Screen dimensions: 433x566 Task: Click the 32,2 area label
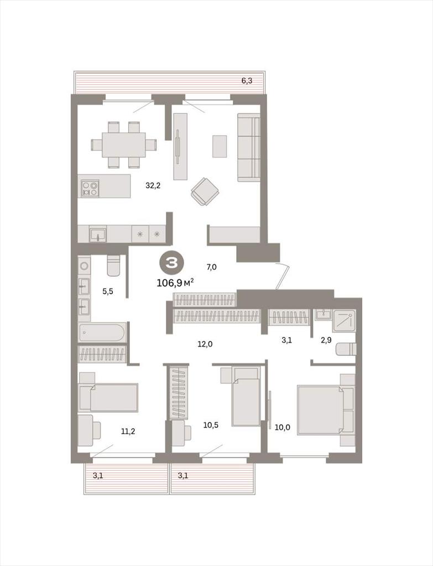153,186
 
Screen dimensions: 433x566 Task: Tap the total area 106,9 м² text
175,282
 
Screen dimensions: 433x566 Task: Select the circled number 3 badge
171,264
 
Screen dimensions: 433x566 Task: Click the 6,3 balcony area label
247,81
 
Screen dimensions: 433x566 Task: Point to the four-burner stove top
90,188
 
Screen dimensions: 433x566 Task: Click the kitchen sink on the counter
98,234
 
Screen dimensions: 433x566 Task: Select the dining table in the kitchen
124,145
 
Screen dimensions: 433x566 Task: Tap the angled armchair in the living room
205,191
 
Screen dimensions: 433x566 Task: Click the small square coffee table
220,146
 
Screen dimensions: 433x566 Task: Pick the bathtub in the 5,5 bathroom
102,332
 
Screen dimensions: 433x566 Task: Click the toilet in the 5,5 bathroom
113,266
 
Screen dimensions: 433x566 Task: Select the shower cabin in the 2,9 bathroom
344,321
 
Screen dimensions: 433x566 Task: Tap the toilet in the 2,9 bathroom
346,349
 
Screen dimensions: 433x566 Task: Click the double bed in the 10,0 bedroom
320,410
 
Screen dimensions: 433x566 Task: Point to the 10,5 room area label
211,425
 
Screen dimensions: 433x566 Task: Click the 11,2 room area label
128,431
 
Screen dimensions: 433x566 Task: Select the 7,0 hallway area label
211,267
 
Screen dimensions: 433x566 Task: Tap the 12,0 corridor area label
205,344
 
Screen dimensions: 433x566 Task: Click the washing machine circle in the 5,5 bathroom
84,266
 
